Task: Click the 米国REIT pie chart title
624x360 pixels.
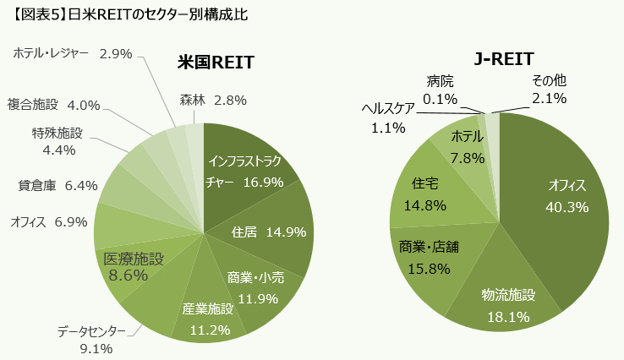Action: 216,64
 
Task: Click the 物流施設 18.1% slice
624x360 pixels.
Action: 508,305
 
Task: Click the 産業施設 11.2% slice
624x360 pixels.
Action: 207,317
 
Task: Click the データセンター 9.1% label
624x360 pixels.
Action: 91,339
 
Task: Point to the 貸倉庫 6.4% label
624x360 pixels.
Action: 57,185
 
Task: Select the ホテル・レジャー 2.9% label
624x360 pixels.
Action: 73,53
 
